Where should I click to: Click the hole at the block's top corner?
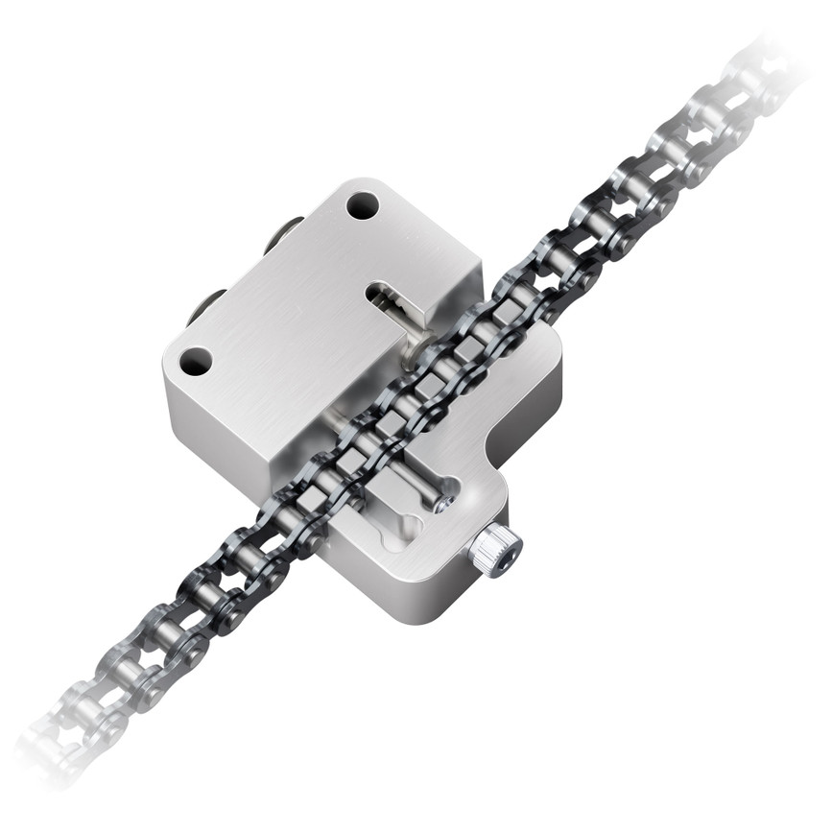click(362, 205)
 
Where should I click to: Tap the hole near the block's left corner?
click(196, 361)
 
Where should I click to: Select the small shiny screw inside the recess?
click(441, 503)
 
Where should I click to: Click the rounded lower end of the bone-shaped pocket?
click(411, 526)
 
